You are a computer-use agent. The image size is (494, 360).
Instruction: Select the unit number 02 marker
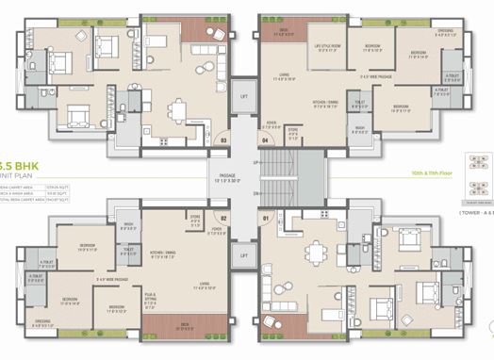(x=224, y=218)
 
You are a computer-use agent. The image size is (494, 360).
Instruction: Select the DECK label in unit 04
(x=282, y=31)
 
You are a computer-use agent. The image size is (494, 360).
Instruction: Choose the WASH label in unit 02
(x=127, y=224)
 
